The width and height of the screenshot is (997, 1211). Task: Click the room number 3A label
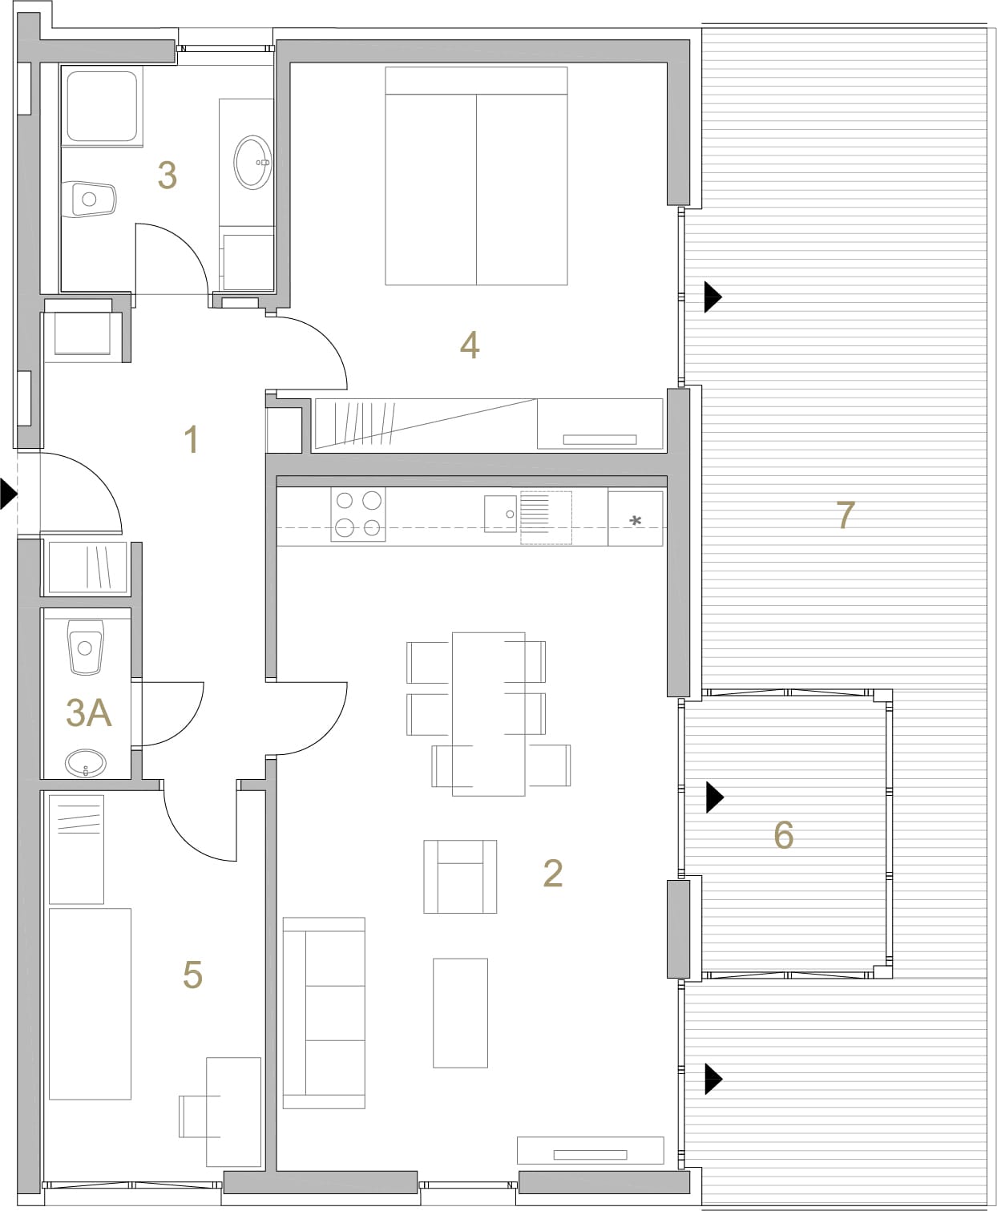(88, 713)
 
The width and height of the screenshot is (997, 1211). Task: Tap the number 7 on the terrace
(846, 515)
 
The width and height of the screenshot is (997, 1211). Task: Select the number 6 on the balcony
(783, 834)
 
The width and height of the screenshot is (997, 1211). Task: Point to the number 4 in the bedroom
(470, 345)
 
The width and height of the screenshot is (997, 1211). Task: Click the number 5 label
(192, 975)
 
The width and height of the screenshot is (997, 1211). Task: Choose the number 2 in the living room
(552, 874)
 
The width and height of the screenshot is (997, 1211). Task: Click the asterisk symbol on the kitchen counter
(636, 521)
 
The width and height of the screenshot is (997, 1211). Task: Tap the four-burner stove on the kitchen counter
(357, 515)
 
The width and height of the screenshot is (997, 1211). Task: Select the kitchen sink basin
(500, 514)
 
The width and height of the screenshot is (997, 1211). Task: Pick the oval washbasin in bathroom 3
(252, 163)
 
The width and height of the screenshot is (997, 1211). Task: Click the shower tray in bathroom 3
(102, 106)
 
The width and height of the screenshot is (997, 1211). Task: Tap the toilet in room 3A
(86, 647)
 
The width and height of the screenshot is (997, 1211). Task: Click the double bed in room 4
(476, 176)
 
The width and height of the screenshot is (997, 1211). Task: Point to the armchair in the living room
(460, 876)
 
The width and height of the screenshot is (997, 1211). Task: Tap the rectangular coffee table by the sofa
(460, 1013)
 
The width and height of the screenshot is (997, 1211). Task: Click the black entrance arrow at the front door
(9, 493)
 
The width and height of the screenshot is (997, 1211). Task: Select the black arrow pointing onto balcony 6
(715, 797)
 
